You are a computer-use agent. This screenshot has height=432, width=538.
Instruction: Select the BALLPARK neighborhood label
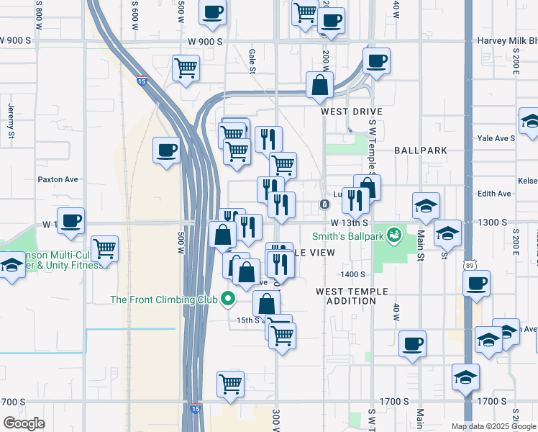421,150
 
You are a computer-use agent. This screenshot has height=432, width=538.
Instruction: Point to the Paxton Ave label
58,179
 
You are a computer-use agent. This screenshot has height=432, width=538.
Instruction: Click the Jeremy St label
12,121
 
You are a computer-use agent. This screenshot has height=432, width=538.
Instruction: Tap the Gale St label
252,54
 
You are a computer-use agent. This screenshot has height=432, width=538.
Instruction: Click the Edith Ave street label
494,194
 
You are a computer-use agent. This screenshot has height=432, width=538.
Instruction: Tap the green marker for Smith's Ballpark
393,235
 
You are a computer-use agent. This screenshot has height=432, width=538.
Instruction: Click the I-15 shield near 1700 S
196,409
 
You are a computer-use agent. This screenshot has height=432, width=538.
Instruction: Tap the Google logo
24,423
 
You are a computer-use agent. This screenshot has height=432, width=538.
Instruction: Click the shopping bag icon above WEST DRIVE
319,85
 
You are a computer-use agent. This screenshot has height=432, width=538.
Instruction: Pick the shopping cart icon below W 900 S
186,68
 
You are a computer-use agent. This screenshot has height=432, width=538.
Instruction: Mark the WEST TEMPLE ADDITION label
352,296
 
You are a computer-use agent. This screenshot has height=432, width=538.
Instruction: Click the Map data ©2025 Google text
493,426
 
